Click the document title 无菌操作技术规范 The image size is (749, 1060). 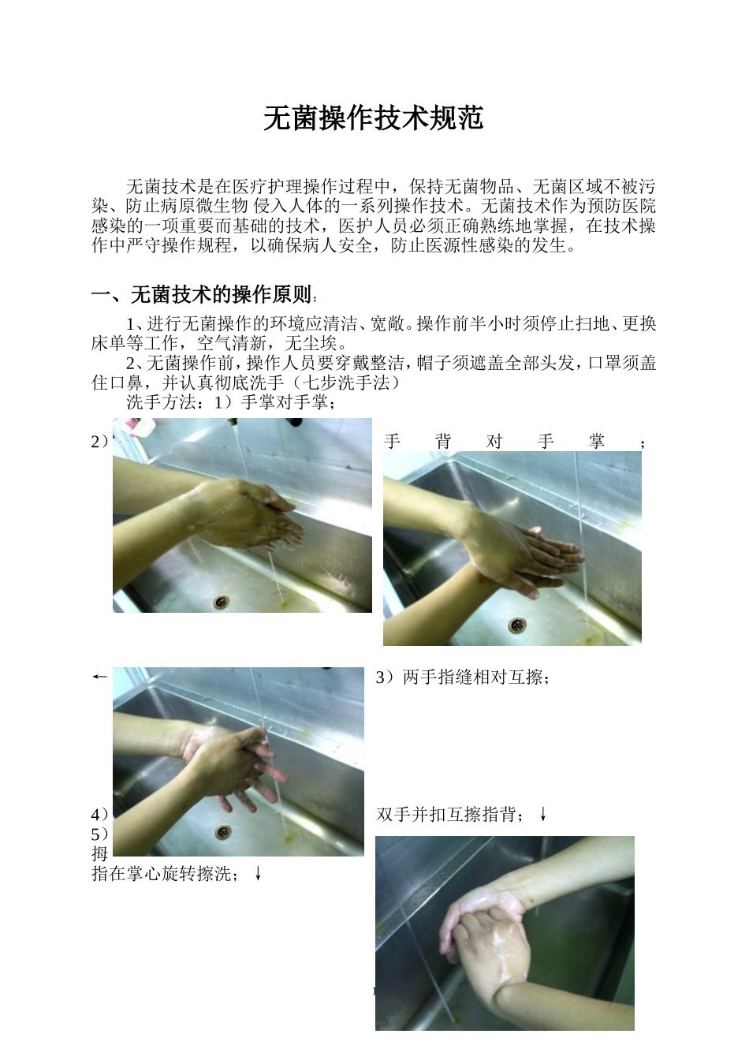point(373,118)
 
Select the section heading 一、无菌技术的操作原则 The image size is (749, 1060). point(202,296)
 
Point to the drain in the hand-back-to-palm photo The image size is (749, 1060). point(518,625)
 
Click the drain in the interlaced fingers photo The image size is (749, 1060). point(223,831)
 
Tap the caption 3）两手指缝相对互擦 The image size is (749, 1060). point(462,677)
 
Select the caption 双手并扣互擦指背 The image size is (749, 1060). point(449,815)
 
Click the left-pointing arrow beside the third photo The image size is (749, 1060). point(99,677)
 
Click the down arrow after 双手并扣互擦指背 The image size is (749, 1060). point(543,815)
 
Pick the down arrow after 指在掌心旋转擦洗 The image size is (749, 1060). point(258,874)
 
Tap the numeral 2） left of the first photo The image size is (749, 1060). point(100,442)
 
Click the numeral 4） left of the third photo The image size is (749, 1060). point(100,814)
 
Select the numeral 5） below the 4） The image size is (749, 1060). point(100,834)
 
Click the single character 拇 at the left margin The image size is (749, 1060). point(99,853)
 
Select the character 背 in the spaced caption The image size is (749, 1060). point(443,442)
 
